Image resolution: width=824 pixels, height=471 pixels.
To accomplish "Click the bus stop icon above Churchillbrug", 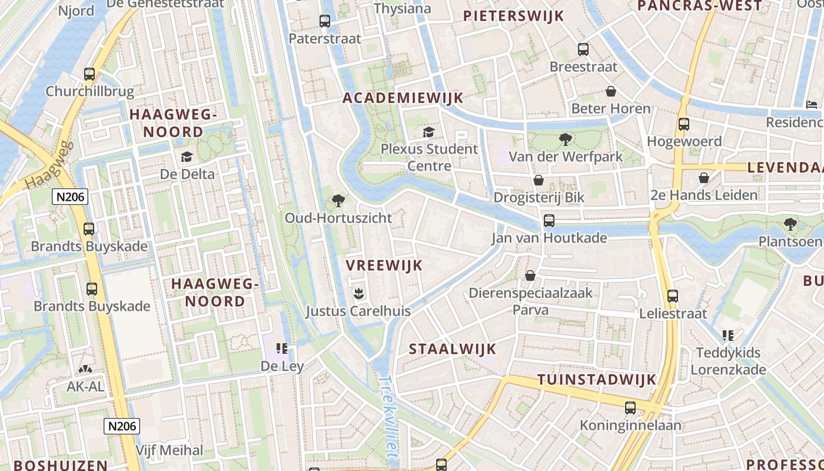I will pyautogui.click(x=89, y=74).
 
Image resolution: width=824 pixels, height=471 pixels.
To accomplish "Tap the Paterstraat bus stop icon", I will pyautogui.click(x=324, y=21).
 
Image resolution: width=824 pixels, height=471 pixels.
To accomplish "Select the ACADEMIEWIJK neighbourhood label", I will pyautogui.click(x=403, y=98).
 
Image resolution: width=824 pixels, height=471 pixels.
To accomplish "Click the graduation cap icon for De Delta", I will pyautogui.click(x=187, y=157).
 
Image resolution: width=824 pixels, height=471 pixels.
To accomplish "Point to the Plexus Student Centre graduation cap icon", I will pyautogui.click(x=428, y=132).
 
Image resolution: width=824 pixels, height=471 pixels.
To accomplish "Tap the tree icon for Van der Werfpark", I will pyautogui.click(x=566, y=140).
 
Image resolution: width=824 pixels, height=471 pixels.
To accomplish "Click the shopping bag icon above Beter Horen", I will pyautogui.click(x=611, y=91).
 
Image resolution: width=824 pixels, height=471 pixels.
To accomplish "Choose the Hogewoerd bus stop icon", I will pyautogui.click(x=683, y=124).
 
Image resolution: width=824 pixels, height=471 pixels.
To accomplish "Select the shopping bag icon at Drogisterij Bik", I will pyautogui.click(x=538, y=180).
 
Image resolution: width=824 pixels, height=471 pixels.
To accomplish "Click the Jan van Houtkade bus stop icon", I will pyautogui.click(x=549, y=221).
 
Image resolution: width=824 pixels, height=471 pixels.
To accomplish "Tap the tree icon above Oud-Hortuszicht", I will pyautogui.click(x=338, y=201).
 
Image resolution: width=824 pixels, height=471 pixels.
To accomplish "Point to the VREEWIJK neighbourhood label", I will pyautogui.click(x=384, y=266).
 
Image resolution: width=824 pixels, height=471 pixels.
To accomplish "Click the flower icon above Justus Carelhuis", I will pyautogui.click(x=357, y=293).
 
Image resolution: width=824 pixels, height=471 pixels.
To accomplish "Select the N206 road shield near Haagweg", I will pyautogui.click(x=70, y=197).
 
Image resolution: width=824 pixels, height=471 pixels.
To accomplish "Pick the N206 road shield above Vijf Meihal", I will pyautogui.click(x=122, y=426).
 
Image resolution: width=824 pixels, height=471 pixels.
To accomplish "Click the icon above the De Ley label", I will pyautogui.click(x=282, y=349).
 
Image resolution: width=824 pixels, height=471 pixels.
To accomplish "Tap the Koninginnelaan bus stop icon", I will pyautogui.click(x=630, y=407).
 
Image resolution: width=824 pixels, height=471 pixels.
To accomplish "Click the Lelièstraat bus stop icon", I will pyautogui.click(x=673, y=296).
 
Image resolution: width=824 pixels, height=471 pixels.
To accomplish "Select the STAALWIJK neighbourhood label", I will pyautogui.click(x=453, y=349).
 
